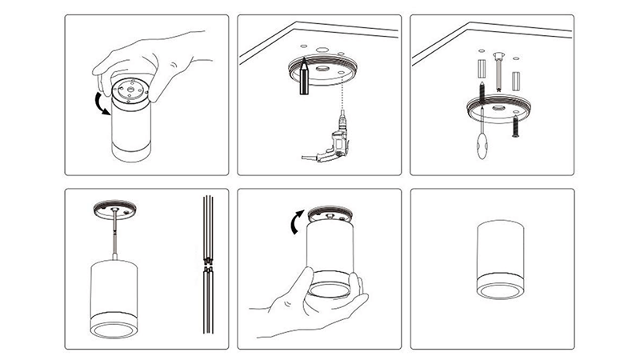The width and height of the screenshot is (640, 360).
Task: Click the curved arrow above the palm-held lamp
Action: pyautogui.click(x=294, y=222)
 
